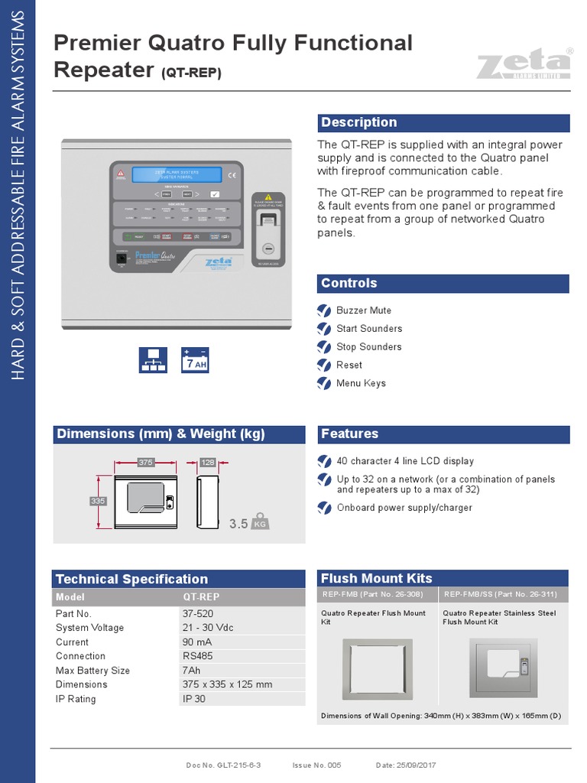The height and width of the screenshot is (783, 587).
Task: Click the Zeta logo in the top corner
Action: tap(524, 63)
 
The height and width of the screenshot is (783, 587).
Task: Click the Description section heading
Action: tap(358, 122)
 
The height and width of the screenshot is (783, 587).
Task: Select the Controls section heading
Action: tap(349, 283)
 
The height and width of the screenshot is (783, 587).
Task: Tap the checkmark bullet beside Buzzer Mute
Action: tap(324, 310)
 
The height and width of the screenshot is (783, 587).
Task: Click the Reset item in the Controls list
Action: tap(349, 365)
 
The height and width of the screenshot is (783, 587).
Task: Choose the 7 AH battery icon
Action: tap(195, 360)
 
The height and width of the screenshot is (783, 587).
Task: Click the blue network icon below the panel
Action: tap(153, 360)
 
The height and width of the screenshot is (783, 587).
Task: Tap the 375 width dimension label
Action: tap(145, 462)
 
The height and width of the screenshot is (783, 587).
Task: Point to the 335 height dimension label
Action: tap(97, 501)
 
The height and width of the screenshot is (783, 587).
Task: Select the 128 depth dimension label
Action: tap(208, 462)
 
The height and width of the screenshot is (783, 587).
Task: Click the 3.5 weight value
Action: tap(238, 524)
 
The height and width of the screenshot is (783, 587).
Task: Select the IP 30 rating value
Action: tap(194, 698)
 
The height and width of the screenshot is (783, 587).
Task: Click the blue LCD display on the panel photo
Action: tap(177, 175)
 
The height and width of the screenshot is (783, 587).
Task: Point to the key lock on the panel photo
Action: tap(267, 249)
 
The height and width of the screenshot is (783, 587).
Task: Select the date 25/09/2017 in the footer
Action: tap(416, 765)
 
